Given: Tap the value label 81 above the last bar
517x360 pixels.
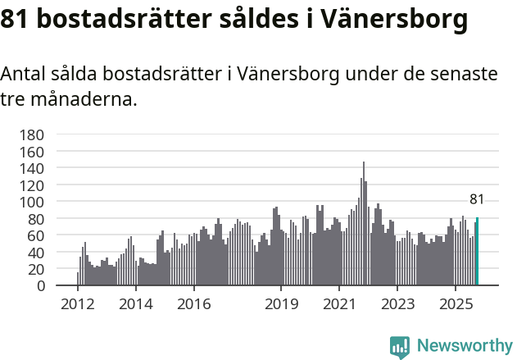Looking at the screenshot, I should pyautogui.click(x=477, y=199).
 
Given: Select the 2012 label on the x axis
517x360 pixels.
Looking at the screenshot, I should pyautogui.click(x=78, y=304).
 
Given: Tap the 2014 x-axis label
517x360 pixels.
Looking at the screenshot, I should pyautogui.click(x=136, y=304).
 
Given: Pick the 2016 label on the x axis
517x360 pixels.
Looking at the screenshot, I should pyautogui.click(x=193, y=304).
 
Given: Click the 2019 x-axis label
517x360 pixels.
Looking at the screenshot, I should pyautogui.click(x=281, y=304).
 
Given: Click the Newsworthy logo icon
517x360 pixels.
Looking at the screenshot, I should pyautogui.click(x=400, y=347).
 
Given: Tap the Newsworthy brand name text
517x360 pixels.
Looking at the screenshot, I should pyautogui.click(x=465, y=347).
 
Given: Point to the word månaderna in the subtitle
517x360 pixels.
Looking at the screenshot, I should pyautogui.click(x=81, y=101).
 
